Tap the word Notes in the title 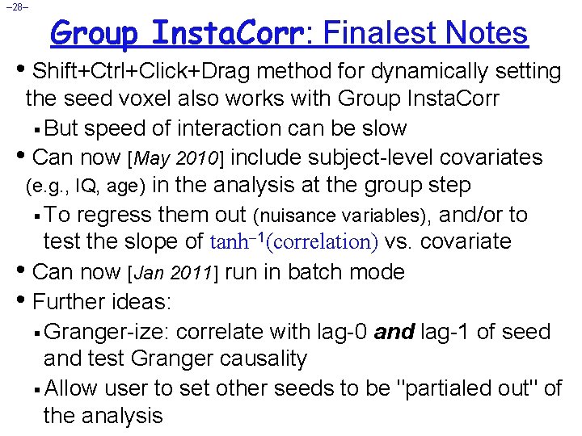tap(484, 33)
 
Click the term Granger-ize tap(108, 331)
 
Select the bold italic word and tap(395, 331)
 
